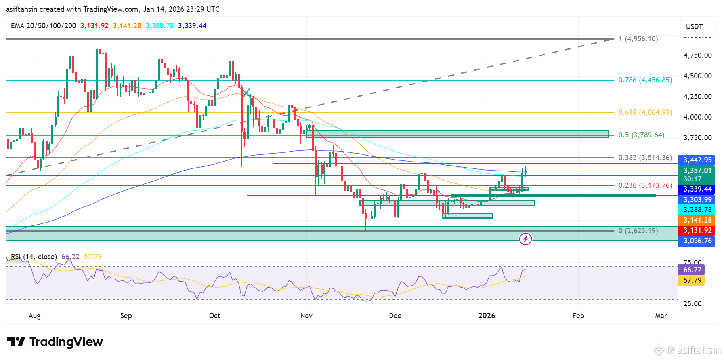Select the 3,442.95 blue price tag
[697, 160]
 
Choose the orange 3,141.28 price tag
[697, 220]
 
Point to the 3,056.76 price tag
[697, 241]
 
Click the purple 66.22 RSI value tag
[692, 269]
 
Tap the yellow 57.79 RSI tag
[692, 280]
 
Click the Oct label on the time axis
[214, 316]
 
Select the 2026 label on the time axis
[487, 316]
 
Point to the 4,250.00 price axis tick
[697, 97]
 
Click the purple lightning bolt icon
[525, 239]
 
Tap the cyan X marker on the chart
[246, 92]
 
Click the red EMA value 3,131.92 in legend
[94, 26]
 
